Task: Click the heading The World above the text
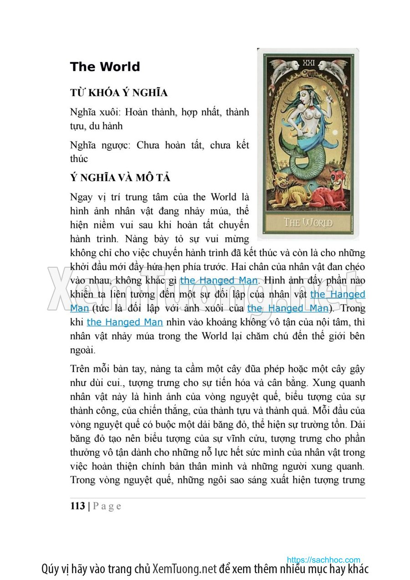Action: point(105,67)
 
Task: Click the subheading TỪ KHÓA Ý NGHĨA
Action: point(118,93)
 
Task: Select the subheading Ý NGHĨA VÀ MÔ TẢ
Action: point(120,177)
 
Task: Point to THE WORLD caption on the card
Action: point(308,223)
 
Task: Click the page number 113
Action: point(77,506)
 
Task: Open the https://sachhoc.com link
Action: point(323,560)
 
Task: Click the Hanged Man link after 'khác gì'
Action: point(219,280)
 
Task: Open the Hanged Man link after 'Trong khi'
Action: point(125,322)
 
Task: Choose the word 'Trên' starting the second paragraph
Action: point(80,369)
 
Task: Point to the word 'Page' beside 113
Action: point(108,506)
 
